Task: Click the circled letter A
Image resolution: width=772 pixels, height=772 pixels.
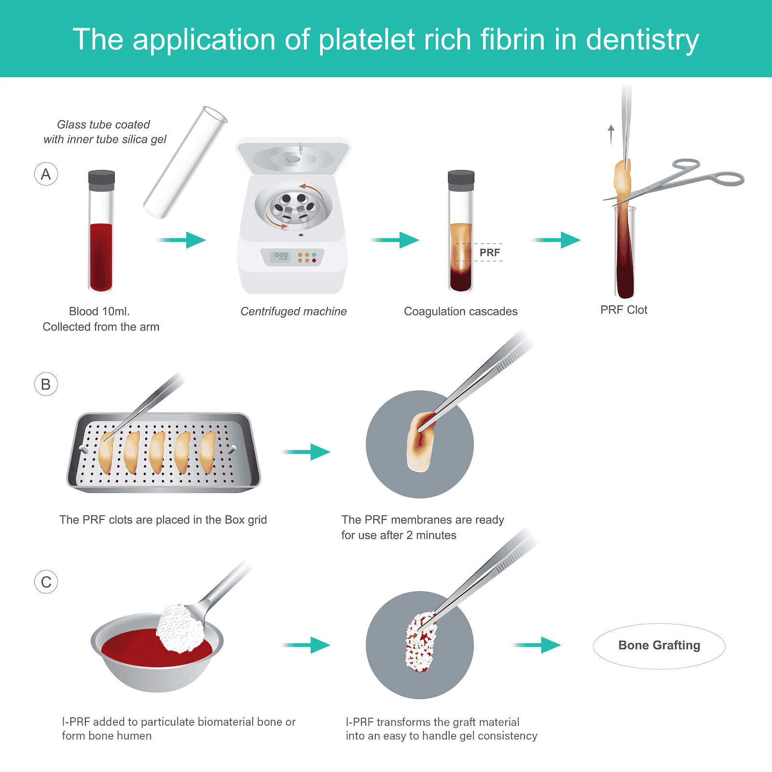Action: click(x=46, y=174)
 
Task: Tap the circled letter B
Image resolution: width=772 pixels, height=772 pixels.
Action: click(x=46, y=385)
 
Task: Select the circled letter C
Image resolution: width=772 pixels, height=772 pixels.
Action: click(x=46, y=582)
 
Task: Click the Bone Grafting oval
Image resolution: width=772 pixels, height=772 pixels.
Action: click(x=659, y=646)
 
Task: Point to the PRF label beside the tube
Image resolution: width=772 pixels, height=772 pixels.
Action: click(x=489, y=252)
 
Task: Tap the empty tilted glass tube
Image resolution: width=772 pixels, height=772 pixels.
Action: click(x=185, y=162)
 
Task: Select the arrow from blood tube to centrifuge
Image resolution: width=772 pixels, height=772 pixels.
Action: click(x=182, y=240)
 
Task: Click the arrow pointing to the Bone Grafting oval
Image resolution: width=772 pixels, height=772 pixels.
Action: click(x=537, y=645)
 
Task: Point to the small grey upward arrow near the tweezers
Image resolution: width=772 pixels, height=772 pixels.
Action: click(x=611, y=134)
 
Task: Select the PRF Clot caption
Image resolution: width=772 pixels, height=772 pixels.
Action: click(x=623, y=310)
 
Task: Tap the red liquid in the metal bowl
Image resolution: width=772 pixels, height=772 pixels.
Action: click(x=135, y=649)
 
